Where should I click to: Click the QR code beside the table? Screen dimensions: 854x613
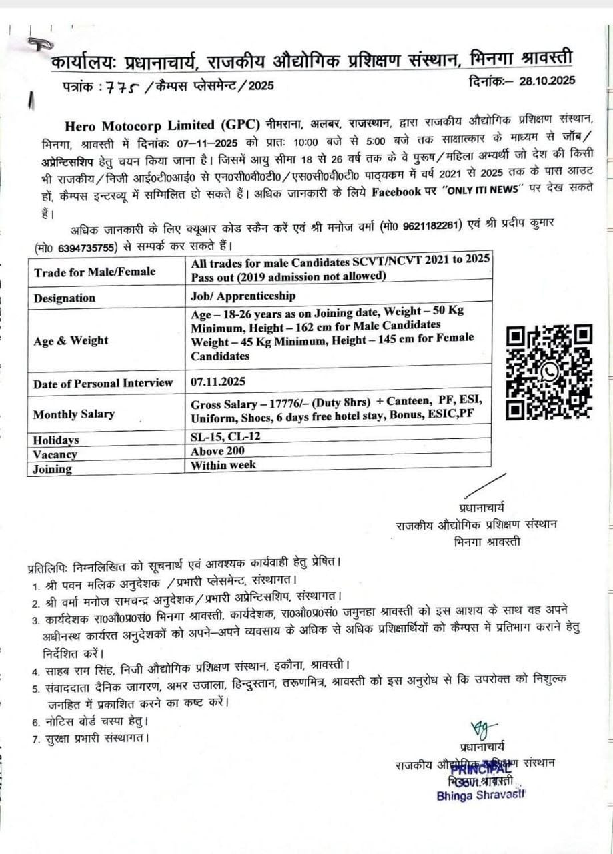pyautogui.click(x=549, y=372)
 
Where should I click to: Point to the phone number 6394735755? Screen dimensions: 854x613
pyautogui.click(x=85, y=246)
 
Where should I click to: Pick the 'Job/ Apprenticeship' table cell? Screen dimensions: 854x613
pyautogui.click(x=243, y=296)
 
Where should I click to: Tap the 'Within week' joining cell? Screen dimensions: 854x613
pyautogui.click(x=223, y=464)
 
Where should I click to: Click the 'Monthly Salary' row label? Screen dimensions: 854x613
pyautogui.click(x=74, y=414)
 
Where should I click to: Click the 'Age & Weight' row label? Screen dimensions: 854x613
pyautogui.click(x=71, y=340)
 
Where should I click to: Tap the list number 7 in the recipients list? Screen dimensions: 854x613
pyautogui.click(x=36, y=739)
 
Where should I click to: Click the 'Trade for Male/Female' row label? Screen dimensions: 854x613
pyautogui.click(x=95, y=272)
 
